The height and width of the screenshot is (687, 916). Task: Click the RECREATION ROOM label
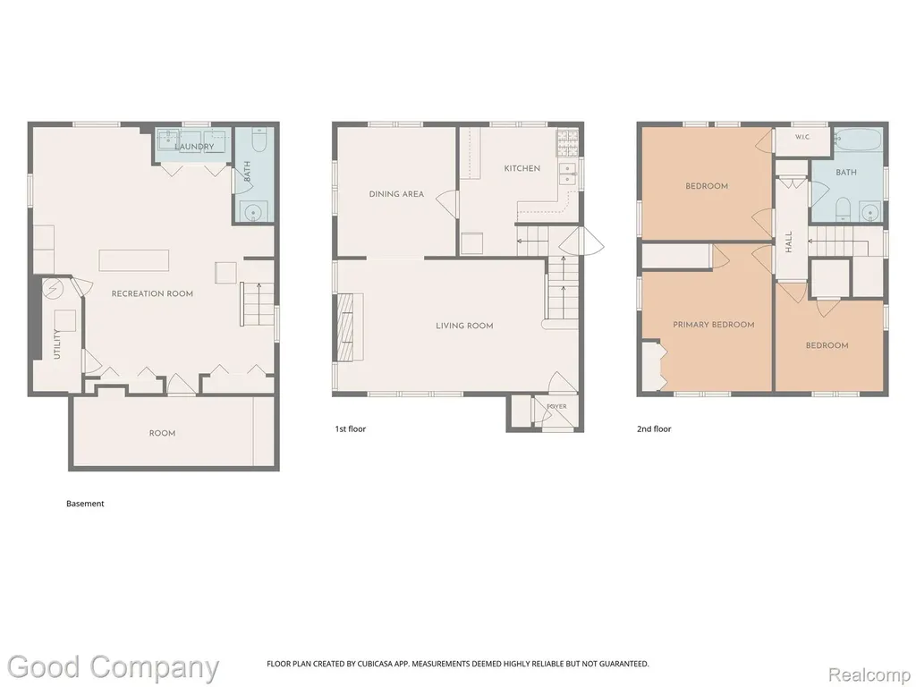(152, 293)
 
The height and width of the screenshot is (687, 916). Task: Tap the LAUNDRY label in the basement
(194, 146)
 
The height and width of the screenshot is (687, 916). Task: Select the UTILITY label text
(57, 344)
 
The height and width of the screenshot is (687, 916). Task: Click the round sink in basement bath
(253, 211)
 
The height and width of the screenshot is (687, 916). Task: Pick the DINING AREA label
(396, 194)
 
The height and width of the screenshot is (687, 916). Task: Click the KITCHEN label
(522, 168)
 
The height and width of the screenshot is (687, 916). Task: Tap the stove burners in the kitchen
(566, 144)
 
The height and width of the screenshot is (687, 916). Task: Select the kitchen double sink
(568, 174)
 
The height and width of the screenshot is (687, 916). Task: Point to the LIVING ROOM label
(464, 326)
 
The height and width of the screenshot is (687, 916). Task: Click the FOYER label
(556, 407)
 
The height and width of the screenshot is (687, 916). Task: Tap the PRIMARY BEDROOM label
(713, 324)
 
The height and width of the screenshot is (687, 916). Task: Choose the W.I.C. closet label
(802, 137)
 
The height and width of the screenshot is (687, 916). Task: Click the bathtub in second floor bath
(858, 140)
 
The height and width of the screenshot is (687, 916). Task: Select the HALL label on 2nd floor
(789, 242)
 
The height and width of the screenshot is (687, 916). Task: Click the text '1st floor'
(350, 428)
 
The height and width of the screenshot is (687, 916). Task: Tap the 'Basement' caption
(85, 504)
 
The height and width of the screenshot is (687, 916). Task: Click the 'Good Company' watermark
(113, 667)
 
